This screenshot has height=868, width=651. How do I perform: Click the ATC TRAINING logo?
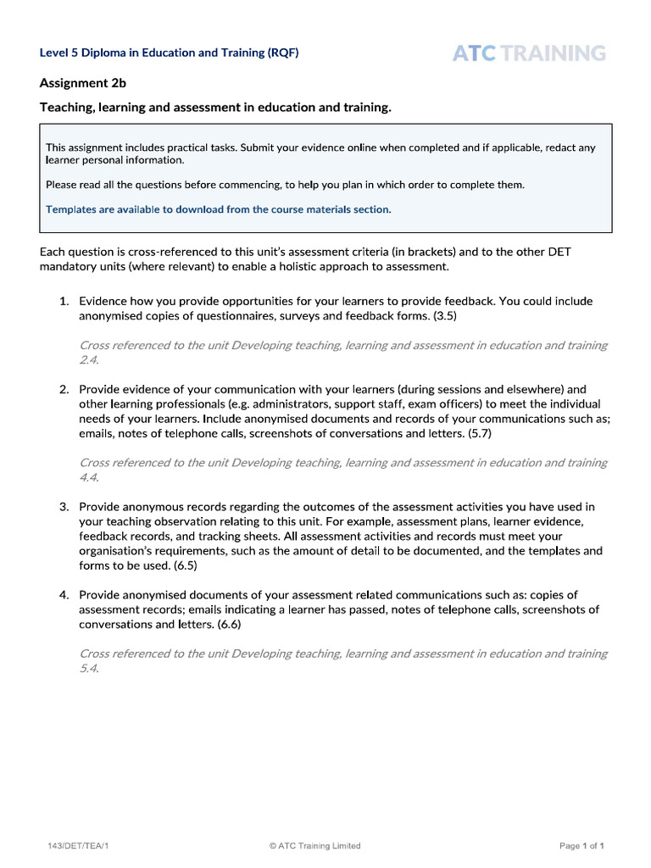click(x=529, y=53)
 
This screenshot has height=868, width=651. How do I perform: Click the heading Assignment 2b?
click(x=82, y=82)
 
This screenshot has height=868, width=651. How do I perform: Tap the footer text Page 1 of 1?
click(x=581, y=845)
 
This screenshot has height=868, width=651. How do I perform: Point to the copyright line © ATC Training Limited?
click(x=314, y=845)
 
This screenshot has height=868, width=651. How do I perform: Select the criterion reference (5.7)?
click(x=476, y=433)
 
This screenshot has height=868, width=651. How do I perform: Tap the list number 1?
click(x=64, y=301)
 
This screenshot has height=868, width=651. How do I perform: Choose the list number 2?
click(x=64, y=389)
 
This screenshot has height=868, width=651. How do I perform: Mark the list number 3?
click(x=64, y=507)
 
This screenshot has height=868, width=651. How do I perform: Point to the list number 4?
click(x=64, y=595)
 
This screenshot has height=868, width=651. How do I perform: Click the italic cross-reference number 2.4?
click(x=88, y=360)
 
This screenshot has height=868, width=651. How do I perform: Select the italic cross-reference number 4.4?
click(x=88, y=477)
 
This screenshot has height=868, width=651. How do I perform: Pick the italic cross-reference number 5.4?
click(x=88, y=668)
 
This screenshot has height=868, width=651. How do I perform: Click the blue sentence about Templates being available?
click(x=219, y=209)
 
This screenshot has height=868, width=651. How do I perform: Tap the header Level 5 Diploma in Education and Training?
click(x=169, y=53)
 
